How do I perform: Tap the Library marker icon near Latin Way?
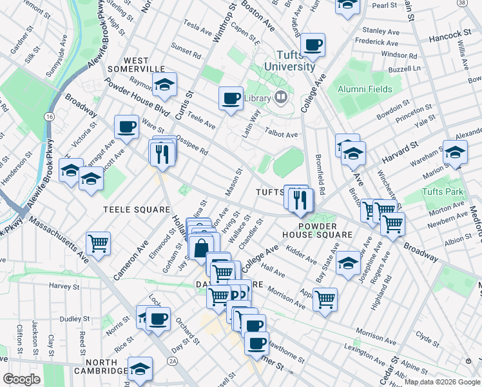pos(280,98)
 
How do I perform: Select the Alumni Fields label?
pos(365,88)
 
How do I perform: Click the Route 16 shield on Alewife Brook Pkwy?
pos(49,116)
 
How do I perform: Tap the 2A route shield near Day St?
pos(172,361)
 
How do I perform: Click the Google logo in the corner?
pos(21,379)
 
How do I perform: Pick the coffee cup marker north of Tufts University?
pos(313,45)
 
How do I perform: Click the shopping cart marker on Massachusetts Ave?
pos(99,243)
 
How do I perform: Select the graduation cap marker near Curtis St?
pos(164,84)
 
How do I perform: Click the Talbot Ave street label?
pos(281,135)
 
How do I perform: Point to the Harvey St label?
pos(63,286)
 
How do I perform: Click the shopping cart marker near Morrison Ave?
pos(325,299)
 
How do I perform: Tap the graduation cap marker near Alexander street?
pos(455,152)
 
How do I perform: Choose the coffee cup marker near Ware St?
pos(126,126)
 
